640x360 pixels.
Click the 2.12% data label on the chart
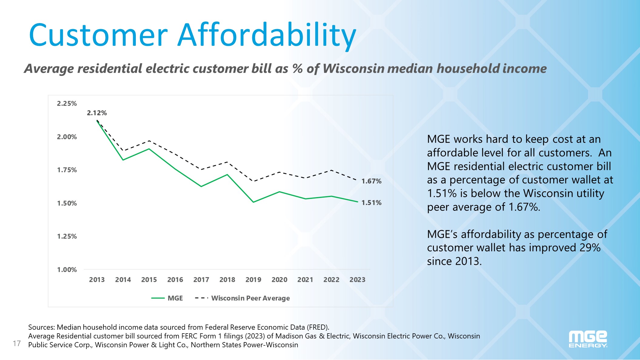click(x=97, y=113)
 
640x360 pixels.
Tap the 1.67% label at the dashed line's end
click(x=371, y=181)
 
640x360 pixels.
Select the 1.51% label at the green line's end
click(x=371, y=203)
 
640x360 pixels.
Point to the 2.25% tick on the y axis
click(x=67, y=103)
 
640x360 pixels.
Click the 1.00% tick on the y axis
click(x=67, y=270)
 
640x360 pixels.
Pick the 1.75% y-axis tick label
click(x=67, y=170)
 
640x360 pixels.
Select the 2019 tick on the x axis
click(x=253, y=280)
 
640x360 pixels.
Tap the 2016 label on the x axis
click(x=175, y=280)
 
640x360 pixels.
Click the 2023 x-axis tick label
click(x=357, y=280)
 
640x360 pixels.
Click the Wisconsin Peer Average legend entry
click(x=250, y=298)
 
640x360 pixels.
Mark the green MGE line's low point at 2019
click(x=253, y=202)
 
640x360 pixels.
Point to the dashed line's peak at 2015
click(x=149, y=141)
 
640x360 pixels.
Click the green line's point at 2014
click(x=123, y=160)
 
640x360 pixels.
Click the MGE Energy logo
click(x=588, y=339)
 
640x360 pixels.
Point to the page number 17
click(x=17, y=343)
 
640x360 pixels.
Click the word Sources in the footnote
click(x=41, y=327)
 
